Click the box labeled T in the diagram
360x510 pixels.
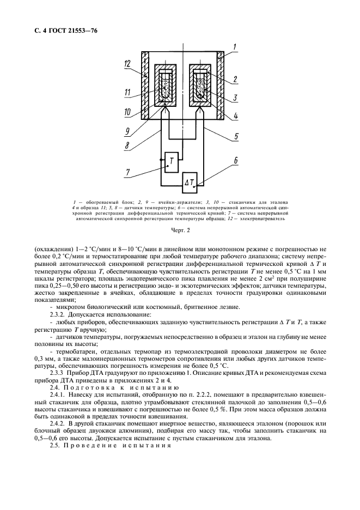pyautogui.click(x=172, y=161)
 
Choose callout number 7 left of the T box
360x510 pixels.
pyautogui.click(x=128, y=173)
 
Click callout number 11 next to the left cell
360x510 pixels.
pyautogui.click(x=127, y=93)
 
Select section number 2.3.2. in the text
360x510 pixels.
pyautogui.click(x=60, y=314)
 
